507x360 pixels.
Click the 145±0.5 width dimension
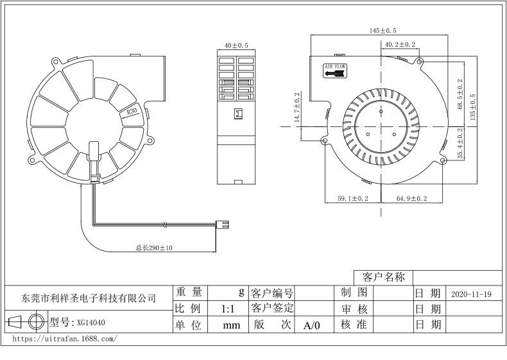pos(383,31)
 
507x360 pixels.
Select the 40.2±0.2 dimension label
pos(400,44)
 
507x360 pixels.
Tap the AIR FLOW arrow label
pos(335,71)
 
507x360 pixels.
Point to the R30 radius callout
pos(132,111)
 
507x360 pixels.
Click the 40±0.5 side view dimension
pos(236,46)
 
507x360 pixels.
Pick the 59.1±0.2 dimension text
pos(353,198)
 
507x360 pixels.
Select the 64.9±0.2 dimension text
pos(411,198)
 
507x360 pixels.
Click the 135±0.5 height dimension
pos(472,107)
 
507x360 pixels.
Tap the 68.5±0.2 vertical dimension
pos(460,94)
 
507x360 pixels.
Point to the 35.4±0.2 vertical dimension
pos(460,143)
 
